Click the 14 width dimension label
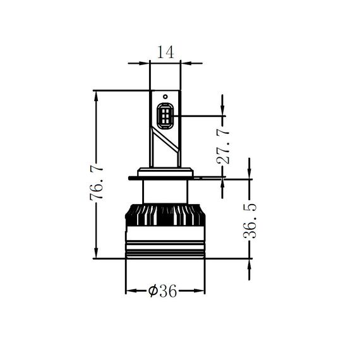165,52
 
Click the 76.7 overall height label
97,183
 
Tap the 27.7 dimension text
223,147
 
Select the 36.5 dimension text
250,221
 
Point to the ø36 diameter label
162,291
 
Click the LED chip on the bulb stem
165,116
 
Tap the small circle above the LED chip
165,97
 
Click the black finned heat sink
165,215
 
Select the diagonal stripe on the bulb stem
165,140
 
